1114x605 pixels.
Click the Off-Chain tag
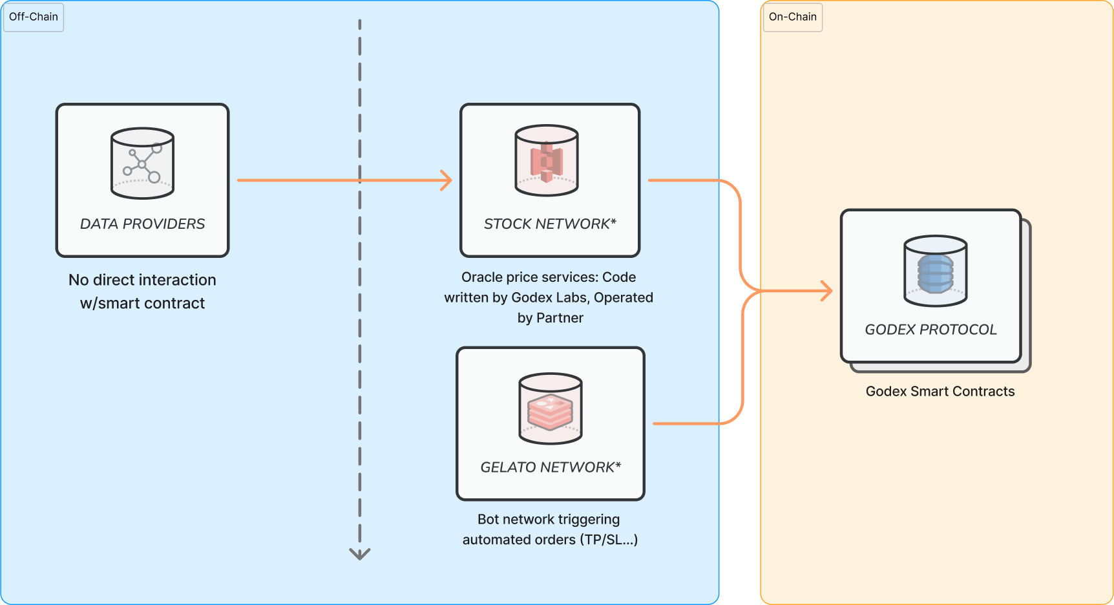[x=34, y=17]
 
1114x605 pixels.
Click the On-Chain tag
[x=792, y=17]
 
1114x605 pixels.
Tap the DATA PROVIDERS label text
[x=142, y=224]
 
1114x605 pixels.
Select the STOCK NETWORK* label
[x=550, y=224]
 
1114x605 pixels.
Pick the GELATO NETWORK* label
[x=551, y=467]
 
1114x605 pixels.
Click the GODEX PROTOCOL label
[x=930, y=330]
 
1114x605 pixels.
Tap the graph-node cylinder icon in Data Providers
[x=142, y=164]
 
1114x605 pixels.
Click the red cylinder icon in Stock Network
[x=547, y=160]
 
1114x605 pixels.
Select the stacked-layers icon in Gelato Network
[x=551, y=409]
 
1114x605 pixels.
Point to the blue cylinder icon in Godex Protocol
[x=936, y=271]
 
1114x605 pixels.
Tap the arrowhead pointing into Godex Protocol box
[x=826, y=291]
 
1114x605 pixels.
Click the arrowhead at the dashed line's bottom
[x=360, y=554]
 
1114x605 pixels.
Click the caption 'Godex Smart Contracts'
[x=940, y=391]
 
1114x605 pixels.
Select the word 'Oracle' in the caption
[x=481, y=277]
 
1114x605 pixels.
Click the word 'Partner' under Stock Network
[x=560, y=318]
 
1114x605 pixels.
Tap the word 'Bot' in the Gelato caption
[x=489, y=520]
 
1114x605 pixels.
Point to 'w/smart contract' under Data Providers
[x=142, y=303]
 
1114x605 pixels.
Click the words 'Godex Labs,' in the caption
[x=551, y=297]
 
